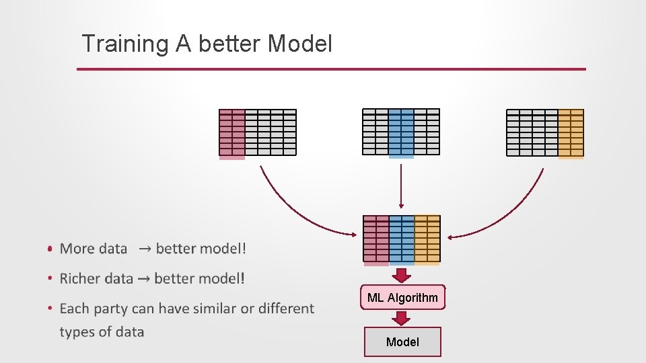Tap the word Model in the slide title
[x=299, y=44]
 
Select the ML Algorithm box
[x=402, y=298]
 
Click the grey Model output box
[x=402, y=341]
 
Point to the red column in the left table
[x=232, y=134]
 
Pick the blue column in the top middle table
[x=401, y=133]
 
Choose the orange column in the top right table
[x=571, y=133]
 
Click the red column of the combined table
[x=376, y=239]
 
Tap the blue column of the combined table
[x=402, y=239]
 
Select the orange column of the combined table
[x=427, y=239]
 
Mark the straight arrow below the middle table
[x=401, y=186]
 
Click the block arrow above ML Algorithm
[x=402, y=276]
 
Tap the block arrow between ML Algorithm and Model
[x=402, y=317]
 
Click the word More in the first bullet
[x=77, y=249]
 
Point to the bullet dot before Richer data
[x=50, y=278]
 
